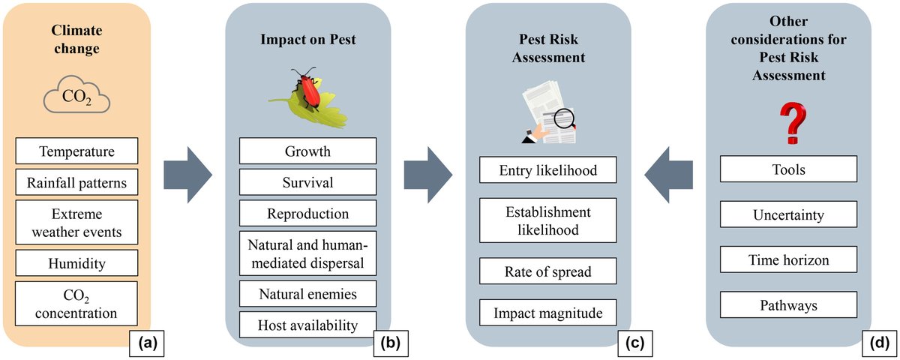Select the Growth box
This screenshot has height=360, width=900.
tap(307, 151)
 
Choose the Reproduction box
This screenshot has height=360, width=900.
tap(307, 214)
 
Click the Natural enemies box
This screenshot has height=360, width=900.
tap(307, 293)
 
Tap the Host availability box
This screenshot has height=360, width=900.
tap(307, 325)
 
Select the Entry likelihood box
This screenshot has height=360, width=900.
tap(547, 171)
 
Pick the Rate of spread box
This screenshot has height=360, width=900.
tap(547, 272)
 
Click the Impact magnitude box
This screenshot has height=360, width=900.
tap(547, 312)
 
